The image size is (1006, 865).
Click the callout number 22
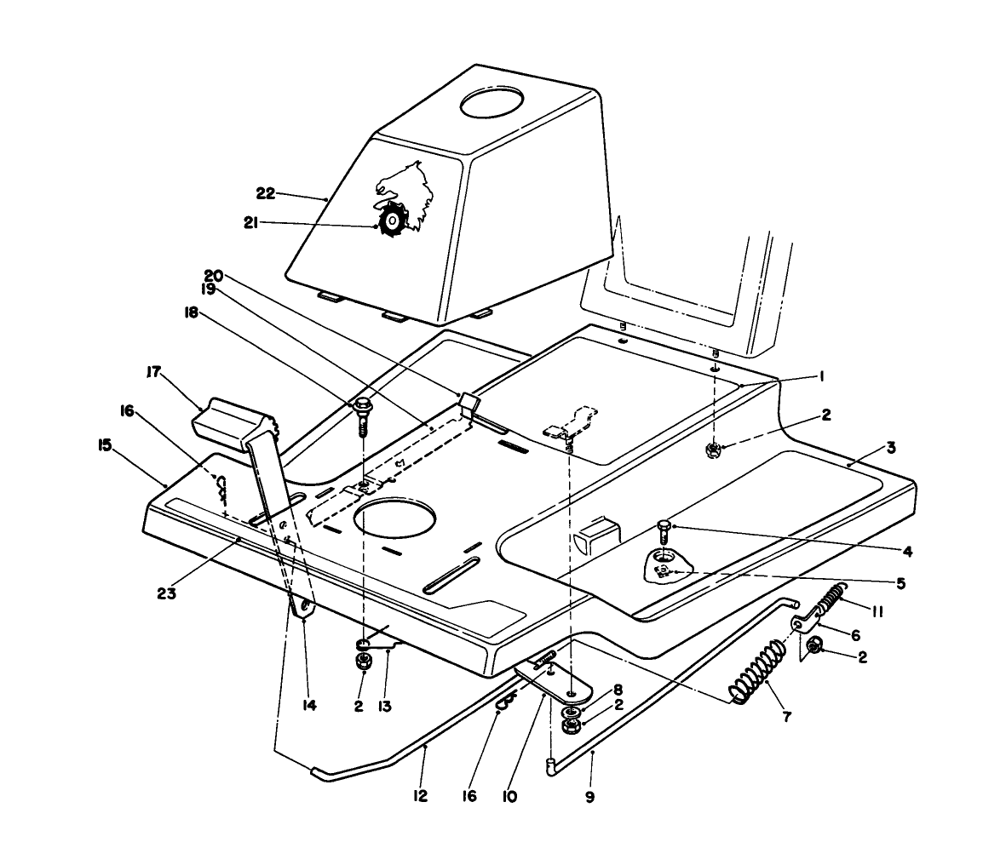(x=265, y=193)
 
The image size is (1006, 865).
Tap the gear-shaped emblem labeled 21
(x=391, y=221)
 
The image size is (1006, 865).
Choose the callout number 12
(x=419, y=796)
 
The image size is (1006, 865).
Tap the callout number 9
(x=589, y=798)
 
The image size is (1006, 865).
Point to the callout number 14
(x=309, y=706)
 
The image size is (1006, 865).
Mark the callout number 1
(x=822, y=375)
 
